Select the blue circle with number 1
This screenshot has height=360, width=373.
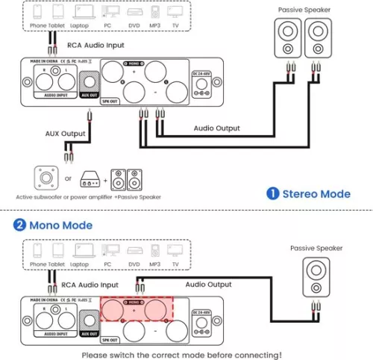(273, 194)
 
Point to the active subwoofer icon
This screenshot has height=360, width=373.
(46, 179)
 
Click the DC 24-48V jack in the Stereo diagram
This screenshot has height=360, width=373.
(200, 88)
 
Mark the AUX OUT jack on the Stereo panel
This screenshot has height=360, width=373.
(90, 81)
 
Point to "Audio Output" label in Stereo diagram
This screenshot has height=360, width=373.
(217, 128)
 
